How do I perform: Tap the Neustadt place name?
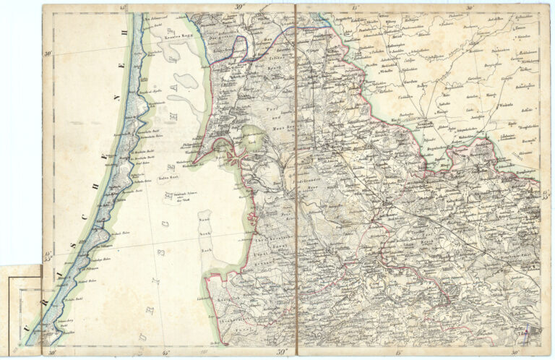pyautogui.click(x=410, y=124)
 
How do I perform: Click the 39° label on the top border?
pyautogui.click(x=238, y=8)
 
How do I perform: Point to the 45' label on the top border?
pyautogui.click(x=124, y=8)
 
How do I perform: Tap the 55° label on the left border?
pyautogui.click(x=48, y=254)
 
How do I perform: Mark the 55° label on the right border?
pyautogui.click(x=546, y=194)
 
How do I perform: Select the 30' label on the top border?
pyautogui.click(x=470, y=8)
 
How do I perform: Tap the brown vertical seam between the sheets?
pyautogui.click(x=296, y=181)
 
